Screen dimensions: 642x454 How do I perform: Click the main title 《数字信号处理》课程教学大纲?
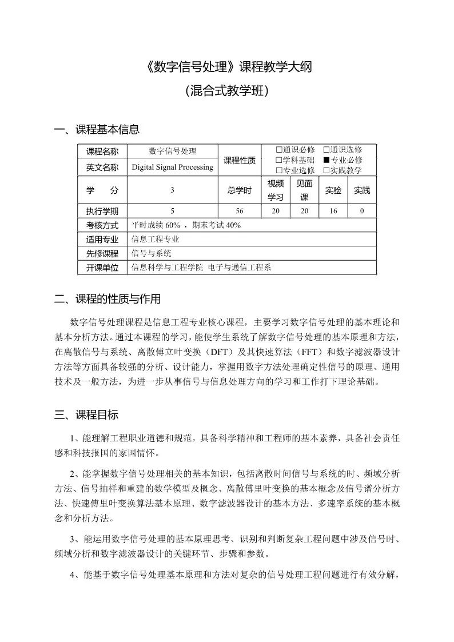point(227,67)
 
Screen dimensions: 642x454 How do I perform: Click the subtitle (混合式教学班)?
point(227,91)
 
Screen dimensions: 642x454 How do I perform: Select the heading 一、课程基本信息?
point(97,130)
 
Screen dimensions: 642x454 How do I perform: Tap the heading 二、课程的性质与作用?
point(107,299)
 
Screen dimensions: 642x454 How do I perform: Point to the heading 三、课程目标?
point(86,414)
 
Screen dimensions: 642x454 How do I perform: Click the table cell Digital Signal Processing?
point(172,167)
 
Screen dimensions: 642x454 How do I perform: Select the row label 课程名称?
point(102,151)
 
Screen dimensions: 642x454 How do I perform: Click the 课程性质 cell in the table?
point(239,159)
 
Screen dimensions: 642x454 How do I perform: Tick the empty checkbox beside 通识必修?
point(279,150)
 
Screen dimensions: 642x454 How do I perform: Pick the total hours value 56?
point(239,211)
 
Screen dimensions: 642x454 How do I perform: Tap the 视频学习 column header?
point(275,190)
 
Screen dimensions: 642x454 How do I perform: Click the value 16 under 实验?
point(333,211)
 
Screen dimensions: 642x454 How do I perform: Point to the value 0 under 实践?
point(362,211)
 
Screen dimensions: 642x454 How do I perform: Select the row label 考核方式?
point(102,225)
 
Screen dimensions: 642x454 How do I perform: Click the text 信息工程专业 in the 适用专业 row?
point(156,240)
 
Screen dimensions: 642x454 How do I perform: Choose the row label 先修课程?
point(102,253)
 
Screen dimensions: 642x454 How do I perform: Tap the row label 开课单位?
point(102,268)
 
